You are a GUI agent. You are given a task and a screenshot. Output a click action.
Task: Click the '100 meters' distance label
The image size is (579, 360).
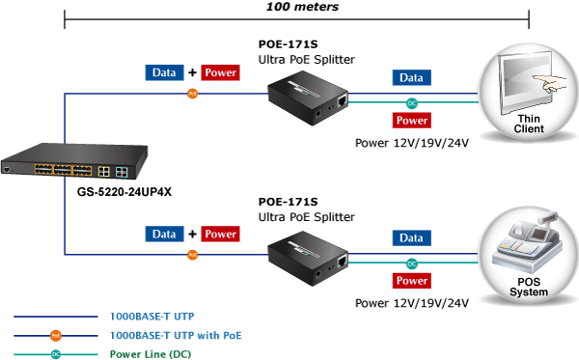coord(302,7)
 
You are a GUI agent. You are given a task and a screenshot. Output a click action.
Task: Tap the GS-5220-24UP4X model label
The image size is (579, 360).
coord(124,192)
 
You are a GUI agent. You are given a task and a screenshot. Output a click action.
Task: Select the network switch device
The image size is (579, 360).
coord(74,161)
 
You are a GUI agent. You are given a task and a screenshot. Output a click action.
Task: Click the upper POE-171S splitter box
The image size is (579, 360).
coord(308,97)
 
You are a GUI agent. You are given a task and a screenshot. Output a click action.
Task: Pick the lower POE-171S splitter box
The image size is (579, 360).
coord(308,259)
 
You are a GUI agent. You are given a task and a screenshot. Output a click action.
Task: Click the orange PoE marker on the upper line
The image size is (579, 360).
coord(192,94)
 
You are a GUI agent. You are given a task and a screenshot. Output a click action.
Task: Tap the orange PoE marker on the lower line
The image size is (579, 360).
coord(192,255)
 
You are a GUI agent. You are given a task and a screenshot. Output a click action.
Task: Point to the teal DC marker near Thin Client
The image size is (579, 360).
coord(412,103)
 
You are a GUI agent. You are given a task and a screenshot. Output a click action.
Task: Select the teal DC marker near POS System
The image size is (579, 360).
coord(412,263)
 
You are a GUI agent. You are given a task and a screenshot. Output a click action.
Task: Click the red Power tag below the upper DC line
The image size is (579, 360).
coord(412,121)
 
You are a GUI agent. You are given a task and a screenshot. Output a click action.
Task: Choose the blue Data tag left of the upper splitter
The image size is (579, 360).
coord(164,72)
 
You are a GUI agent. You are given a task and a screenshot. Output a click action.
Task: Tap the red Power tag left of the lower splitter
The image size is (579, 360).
coord(220,235)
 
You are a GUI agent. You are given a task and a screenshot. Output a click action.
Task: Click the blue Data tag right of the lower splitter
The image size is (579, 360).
coord(412,238)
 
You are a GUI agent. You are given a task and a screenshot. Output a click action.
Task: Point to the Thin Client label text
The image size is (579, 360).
coord(529,124)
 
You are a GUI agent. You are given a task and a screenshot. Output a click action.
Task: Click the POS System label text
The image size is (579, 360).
coord(529,287)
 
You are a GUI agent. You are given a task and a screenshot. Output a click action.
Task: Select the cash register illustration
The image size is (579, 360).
coord(528,243)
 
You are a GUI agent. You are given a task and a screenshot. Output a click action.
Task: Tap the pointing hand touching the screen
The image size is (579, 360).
coord(550,83)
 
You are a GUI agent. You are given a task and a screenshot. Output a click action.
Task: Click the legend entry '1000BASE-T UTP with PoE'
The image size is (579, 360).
coord(176,335)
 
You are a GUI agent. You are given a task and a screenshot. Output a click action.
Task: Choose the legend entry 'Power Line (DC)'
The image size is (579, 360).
coord(151,354)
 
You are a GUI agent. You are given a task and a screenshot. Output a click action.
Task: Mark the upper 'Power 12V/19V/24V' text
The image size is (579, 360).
coord(412,143)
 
